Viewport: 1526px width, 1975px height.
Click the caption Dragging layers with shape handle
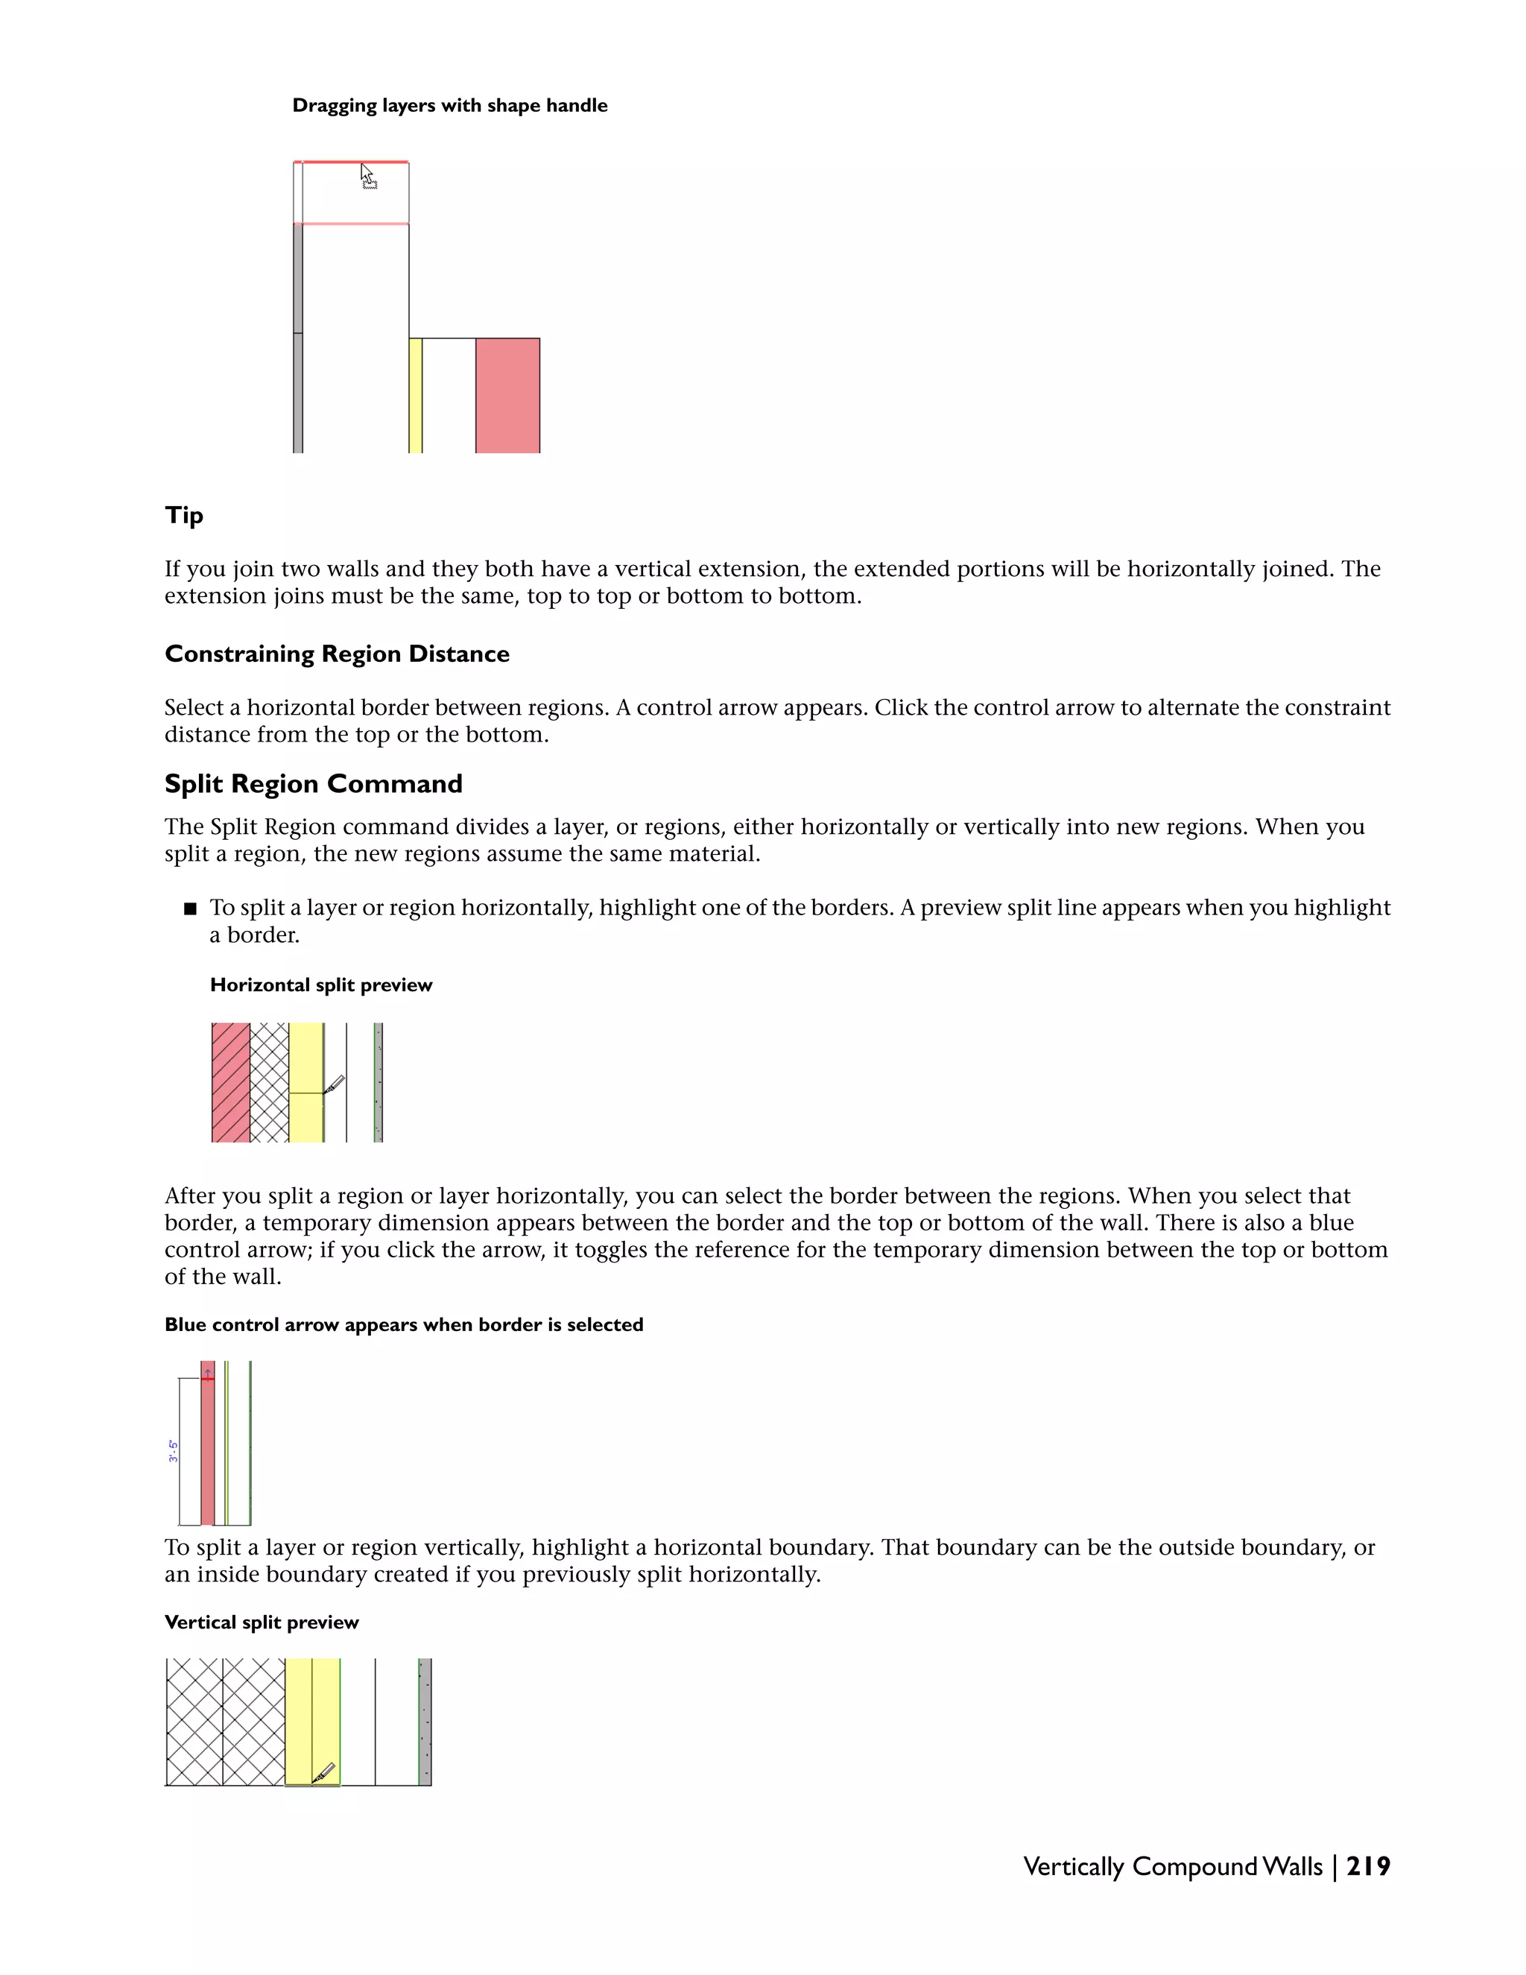pyautogui.click(x=449, y=106)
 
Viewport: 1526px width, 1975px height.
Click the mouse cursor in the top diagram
pyautogui.click(x=367, y=175)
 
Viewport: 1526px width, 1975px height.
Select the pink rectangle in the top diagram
pyautogui.click(x=507, y=395)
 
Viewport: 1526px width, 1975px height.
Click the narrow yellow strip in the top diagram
pyautogui.click(x=415, y=395)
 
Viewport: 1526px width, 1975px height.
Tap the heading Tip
pyautogui.click(x=183, y=516)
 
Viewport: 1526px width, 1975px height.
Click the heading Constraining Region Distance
pyautogui.click(x=336, y=654)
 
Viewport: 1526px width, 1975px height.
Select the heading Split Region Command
pyautogui.click(x=313, y=783)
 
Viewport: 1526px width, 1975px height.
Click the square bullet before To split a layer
pyautogui.click(x=190, y=908)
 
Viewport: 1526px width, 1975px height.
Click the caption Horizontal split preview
pyautogui.click(x=321, y=985)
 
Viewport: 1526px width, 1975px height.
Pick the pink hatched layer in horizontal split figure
pyautogui.click(x=230, y=1082)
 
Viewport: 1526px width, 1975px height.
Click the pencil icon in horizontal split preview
pyautogui.click(x=334, y=1084)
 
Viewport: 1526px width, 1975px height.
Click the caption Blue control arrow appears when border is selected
pyautogui.click(x=403, y=1325)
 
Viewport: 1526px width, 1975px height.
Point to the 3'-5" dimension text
pyautogui.click(x=173, y=1451)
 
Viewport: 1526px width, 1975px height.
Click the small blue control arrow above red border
pyautogui.click(x=208, y=1372)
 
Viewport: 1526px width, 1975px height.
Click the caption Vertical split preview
pyautogui.click(x=262, y=1622)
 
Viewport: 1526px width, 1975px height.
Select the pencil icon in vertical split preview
pyautogui.click(x=323, y=1772)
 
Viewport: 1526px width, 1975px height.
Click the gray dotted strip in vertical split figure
pyautogui.click(x=425, y=1722)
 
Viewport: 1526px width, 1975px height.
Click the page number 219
pyautogui.click(x=1368, y=1866)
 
